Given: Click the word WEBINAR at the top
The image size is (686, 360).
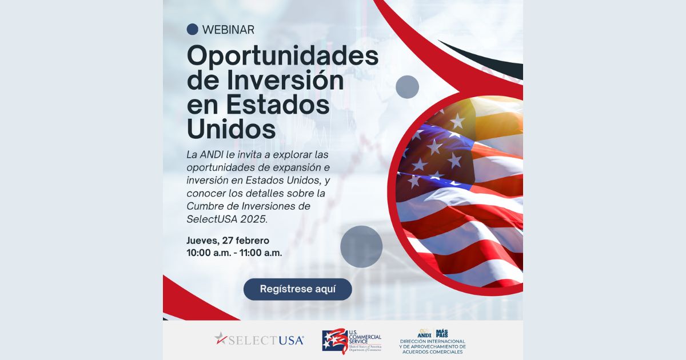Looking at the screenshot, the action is [x=228, y=30].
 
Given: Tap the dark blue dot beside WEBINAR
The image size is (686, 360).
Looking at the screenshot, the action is [x=192, y=29].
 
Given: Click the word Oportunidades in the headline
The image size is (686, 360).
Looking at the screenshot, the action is [x=282, y=56].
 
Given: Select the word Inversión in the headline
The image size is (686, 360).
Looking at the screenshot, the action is [x=285, y=80].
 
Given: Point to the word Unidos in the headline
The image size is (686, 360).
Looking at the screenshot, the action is [x=231, y=129].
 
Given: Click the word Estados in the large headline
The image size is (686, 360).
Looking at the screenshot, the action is [x=278, y=105].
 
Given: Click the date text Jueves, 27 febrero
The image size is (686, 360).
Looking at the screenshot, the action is [x=228, y=241].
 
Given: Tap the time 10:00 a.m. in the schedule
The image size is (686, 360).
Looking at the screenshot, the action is [x=209, y=253].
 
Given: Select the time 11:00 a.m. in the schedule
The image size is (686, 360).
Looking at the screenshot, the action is [x=261, y=253].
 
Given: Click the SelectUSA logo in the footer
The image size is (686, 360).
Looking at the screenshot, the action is [x=259, y=339].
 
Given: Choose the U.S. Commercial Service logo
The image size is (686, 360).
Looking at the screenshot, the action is [x=352, y=341].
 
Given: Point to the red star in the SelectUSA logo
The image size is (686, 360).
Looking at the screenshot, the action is [x=220, y=338].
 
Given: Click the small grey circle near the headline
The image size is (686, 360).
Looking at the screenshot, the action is [x=407, y=87].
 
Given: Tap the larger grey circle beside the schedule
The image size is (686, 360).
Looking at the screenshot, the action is [x=361, y=247].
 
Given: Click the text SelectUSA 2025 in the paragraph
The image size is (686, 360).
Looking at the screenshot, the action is [x=227, y=219].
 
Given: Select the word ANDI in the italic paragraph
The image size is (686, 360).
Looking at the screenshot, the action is [x=212, y=155].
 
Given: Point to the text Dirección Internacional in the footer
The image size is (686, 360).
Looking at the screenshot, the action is [x=432, y=341].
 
